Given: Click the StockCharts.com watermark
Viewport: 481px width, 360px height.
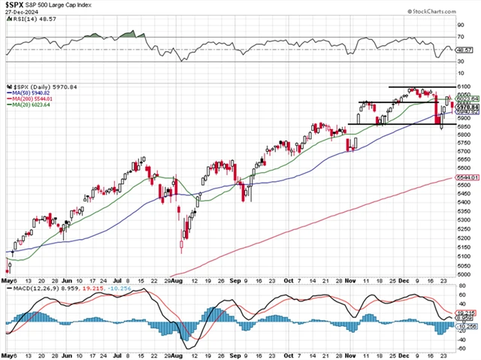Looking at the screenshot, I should click(x=450, y=13).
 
